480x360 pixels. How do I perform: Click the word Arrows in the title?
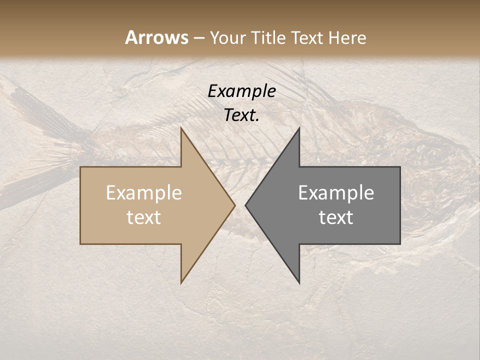(156, 37)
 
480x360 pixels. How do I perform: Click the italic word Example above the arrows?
(241, 91)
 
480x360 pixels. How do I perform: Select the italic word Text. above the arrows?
(241, 115)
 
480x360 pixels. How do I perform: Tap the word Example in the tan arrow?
(143, 193)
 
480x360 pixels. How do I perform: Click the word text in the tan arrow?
(143, 217)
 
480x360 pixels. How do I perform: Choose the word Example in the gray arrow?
(336, 193)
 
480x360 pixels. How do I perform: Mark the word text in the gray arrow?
(336, 217)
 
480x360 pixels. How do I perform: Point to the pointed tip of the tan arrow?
(234, 205)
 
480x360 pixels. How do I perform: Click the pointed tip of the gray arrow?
(246, 205)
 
